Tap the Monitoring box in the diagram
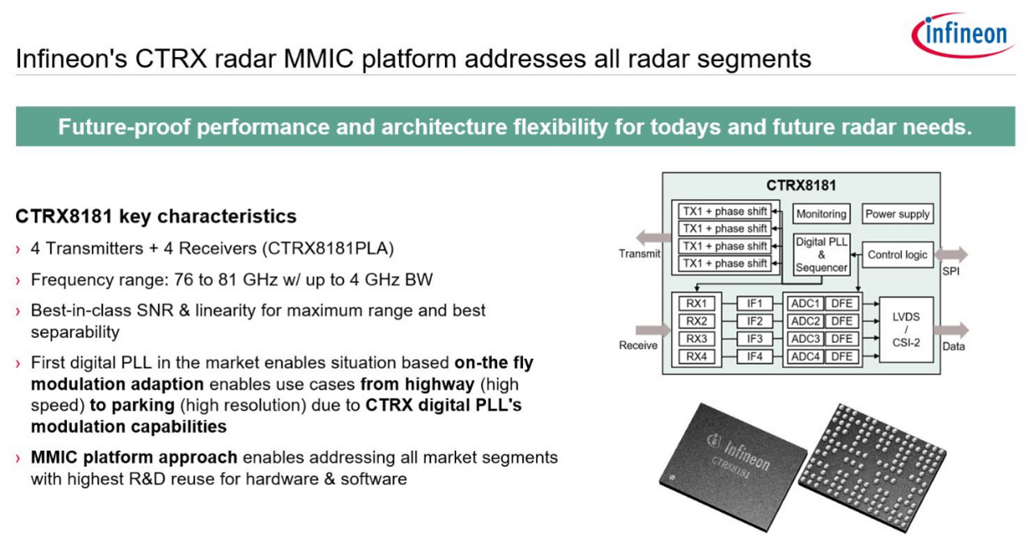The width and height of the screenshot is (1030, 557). point(821,214)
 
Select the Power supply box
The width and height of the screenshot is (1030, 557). point(897,214)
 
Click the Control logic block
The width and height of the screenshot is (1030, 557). point(897,255)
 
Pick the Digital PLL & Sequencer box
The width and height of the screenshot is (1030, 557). point(821,255)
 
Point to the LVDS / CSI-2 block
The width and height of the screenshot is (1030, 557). point(906,329)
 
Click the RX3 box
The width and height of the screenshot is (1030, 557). point(696,339)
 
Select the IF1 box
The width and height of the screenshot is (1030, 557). point(754,303)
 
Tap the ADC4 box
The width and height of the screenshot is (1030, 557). point(805,357)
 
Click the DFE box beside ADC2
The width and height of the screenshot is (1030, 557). point(842,321)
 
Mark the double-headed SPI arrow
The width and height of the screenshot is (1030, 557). point(953,255)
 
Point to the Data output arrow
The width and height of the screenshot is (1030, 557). point(953,329)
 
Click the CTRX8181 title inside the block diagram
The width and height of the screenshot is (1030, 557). point(801,186)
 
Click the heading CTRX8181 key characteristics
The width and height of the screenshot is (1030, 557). point(156,217)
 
